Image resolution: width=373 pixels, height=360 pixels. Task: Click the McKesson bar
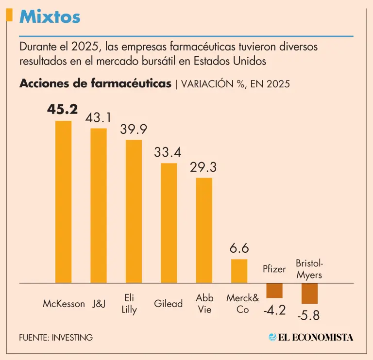tap(63, 201)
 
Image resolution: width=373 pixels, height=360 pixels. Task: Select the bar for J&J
tap(99, 205)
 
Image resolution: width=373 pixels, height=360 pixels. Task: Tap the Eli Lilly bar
tap(134, 211)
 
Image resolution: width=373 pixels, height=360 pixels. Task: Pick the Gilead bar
tap(169, 223)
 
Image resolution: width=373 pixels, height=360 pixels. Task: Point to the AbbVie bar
tap(204, 230)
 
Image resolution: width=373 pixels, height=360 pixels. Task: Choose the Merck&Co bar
tap(239, 271)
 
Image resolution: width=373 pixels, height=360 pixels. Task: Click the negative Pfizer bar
tap(274, 290)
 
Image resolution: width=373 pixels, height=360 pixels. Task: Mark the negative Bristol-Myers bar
tap(309, 293)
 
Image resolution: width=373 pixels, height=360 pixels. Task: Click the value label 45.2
tap(62, 110)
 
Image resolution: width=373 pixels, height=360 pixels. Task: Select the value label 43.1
tap(99, 118)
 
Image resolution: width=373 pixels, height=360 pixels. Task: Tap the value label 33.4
tap(168, 152)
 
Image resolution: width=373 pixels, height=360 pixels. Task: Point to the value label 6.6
tap(239, 248)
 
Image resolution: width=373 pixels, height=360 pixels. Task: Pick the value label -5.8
tap(309, 315)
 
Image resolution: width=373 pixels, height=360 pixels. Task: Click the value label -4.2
tap(275, 310)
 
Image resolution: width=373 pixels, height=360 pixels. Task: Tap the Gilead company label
tap(168, 304)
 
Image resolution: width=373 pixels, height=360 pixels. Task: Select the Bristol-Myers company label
tap(309, 269)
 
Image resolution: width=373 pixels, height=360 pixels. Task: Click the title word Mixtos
tap(50, 17)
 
